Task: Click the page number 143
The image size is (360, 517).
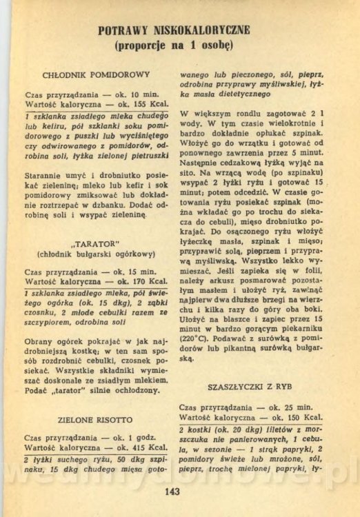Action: [x=172, y=491]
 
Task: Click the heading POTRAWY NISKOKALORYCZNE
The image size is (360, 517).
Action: [x=174, y=30]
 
